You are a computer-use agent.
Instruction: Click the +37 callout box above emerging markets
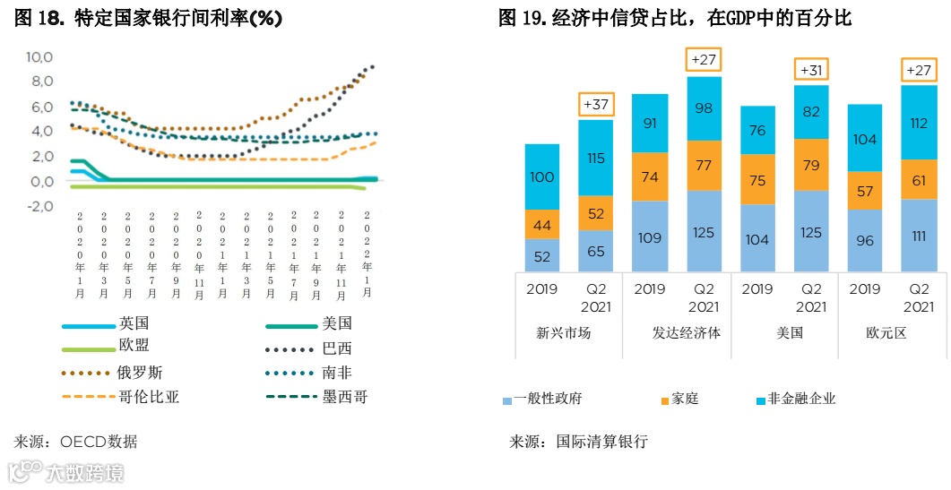(x=596, y=105)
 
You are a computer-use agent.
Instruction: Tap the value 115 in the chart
(x=596, y=157)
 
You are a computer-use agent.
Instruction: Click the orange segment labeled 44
(x=542, y=225)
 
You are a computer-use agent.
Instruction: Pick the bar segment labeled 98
(x=704, y=108)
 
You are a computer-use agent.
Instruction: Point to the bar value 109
(x=650, y=237)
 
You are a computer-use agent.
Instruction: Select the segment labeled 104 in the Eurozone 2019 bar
(x=865, y=139)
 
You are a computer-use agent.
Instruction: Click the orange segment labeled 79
(x=811, y=165)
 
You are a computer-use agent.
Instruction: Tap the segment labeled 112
(x=919, y=124)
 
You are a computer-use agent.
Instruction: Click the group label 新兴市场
(x=564, y=333)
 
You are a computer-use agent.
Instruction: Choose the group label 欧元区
(x=886, y=333)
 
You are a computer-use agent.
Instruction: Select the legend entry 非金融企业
(x=799, y=399)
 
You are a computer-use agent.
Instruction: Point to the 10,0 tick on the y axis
(x=40, y=57)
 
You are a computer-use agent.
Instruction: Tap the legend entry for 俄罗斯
(x=140, y=372)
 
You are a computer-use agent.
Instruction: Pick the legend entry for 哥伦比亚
(x=148, y=396)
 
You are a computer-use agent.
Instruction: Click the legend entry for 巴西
(x=337, y=348)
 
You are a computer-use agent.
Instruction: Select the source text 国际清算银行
(x=601, y=442)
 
